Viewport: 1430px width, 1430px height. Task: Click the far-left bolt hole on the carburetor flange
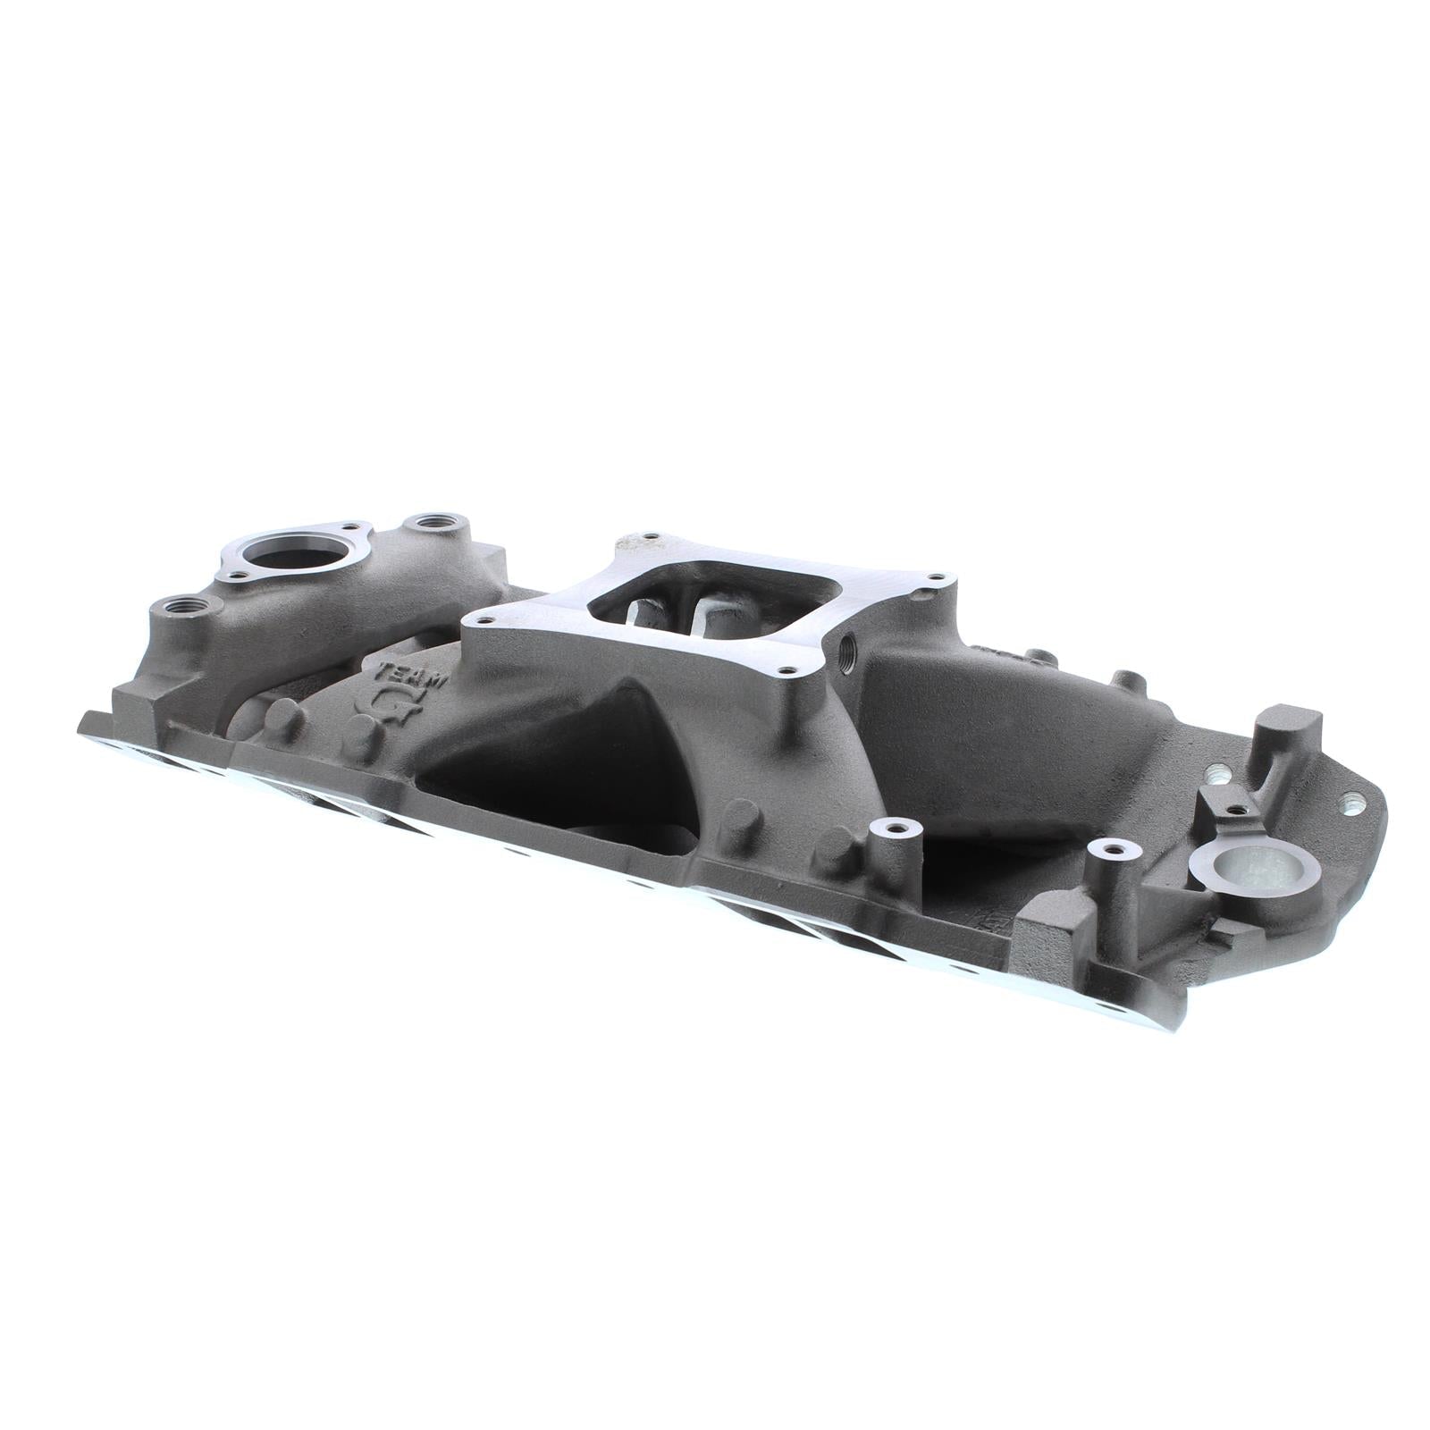tap(488, 616)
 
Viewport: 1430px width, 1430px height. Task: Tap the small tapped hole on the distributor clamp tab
tap(1234, 810)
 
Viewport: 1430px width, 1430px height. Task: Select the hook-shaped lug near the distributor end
tap(1291, 728)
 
